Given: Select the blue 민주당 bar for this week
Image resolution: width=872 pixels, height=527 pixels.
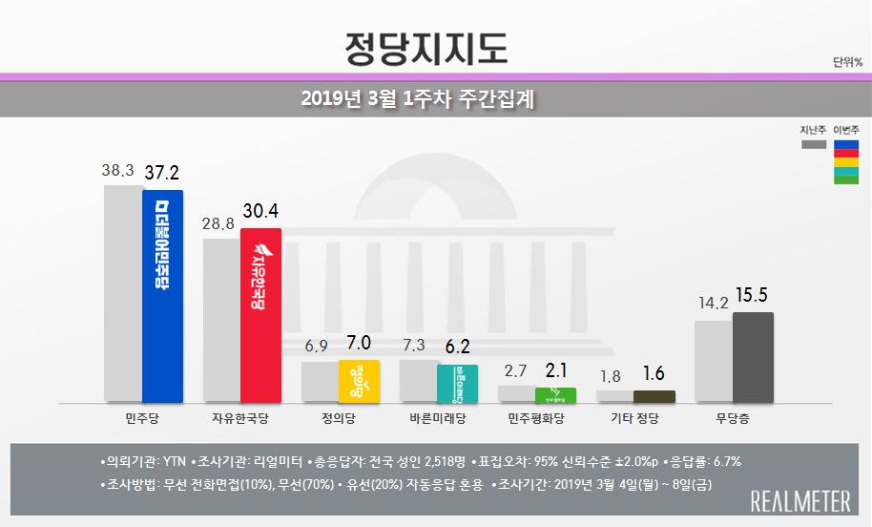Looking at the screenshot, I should click(x=161, y=296).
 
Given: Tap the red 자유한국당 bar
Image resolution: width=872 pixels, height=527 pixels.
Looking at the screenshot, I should click(x=260, y=315).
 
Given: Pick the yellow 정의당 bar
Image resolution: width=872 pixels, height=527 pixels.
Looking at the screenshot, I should click(x=360, y=381).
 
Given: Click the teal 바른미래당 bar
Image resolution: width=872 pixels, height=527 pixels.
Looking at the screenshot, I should click(x=457, y=383).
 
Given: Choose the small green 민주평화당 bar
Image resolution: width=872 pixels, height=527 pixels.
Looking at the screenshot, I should click(x=555, y=394).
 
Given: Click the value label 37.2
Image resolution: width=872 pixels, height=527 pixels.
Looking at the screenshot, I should click(x=162, y=173).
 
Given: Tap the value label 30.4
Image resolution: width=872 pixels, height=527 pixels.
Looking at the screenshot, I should click(x=261, y=211).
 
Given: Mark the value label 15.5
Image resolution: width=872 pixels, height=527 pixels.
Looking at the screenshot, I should click(x=753, y=296).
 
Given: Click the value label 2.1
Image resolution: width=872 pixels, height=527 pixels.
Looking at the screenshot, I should click(x=555, y=370).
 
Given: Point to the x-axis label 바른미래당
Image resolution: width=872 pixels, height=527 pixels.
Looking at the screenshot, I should click(x=438, y=418).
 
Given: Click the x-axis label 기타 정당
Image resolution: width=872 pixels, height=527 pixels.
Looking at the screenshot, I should click(x=634, y=418).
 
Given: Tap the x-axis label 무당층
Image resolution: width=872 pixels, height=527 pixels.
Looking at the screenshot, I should click(x=734, y=418).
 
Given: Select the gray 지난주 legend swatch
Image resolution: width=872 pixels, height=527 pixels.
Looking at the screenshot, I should click(x=813, y=145).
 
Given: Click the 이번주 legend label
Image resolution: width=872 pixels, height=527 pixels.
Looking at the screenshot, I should click(x=846, y=129).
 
